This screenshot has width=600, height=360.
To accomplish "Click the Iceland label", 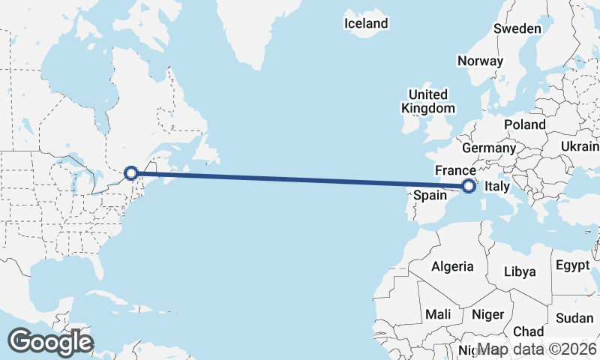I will point(366,23).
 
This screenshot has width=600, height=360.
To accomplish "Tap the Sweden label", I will point(517,28).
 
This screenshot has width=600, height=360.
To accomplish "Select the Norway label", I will point(479,61).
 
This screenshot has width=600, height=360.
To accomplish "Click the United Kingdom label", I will point(427,101).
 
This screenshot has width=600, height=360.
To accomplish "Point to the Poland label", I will point(524,124).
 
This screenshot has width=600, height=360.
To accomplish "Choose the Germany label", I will point(488,148).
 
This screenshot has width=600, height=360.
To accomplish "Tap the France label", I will point(455,170).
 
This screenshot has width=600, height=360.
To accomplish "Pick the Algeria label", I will point(452,266).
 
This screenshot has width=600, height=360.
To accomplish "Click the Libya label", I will point(520,271).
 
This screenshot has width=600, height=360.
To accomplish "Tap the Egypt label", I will point(574,265).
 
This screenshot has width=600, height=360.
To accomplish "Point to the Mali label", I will point(438,313).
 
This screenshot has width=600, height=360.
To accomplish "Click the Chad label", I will point(529,331).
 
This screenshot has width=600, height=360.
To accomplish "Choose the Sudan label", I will point(574,318).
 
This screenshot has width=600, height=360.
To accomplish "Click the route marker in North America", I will point(130,173).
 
